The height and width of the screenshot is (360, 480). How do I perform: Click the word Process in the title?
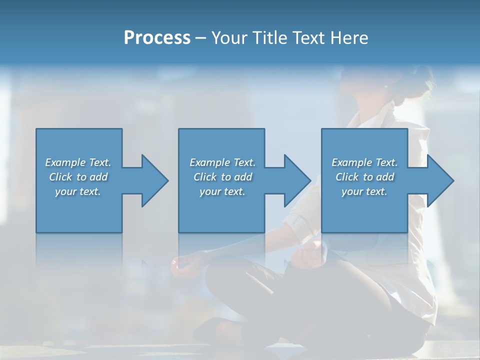click(157, 38)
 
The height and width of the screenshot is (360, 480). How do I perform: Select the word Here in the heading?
click(349, 38)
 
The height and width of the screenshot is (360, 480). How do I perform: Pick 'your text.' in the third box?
click(364, 191)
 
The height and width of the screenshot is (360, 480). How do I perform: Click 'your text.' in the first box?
click(78, 191)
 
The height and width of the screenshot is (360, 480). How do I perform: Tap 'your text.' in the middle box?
click(222, 191)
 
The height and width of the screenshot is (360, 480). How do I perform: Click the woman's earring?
click(385, 86)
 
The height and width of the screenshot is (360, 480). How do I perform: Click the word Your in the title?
click(228, 38)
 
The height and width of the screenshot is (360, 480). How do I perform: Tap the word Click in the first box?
click(61, 177)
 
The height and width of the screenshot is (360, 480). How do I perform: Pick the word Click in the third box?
click(347, 177)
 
